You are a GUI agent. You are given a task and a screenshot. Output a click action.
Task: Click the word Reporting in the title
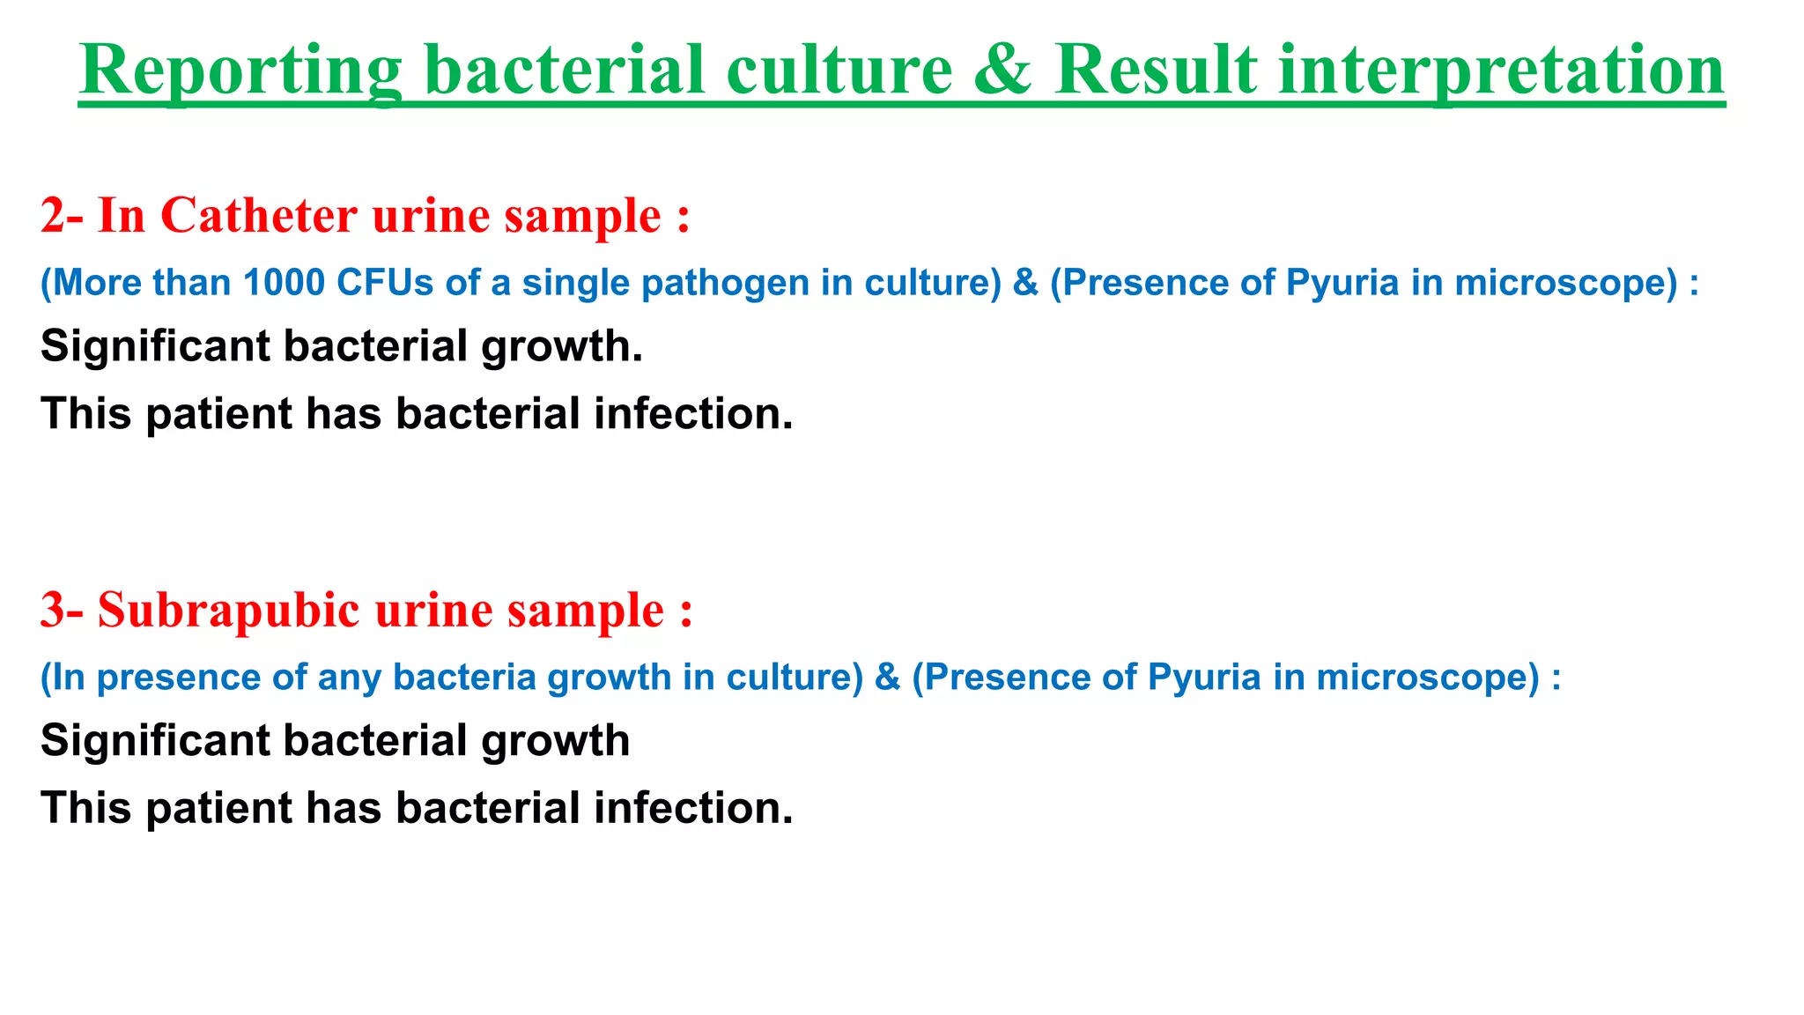(x=240, y=72)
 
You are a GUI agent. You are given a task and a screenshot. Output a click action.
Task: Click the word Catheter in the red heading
(x=258, y=216)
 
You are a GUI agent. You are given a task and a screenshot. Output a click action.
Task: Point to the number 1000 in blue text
(x=284, y=283)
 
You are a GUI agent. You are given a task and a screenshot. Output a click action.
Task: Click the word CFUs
(x=385, y=283)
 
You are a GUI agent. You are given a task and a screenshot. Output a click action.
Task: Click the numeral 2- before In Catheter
(x=61, y=216)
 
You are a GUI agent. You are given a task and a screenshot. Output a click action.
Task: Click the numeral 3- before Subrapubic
(x=61, y=610)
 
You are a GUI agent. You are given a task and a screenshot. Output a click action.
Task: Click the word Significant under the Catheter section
(x=155, y=346)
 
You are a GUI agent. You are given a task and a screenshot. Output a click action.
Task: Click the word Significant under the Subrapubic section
(x=155, y=741)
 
